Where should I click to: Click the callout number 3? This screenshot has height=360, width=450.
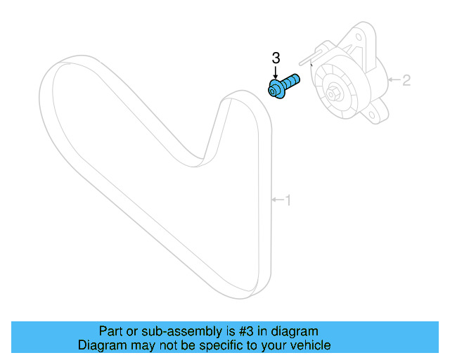click(x=276, y=57)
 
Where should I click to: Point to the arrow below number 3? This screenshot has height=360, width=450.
click(x=276, y=73)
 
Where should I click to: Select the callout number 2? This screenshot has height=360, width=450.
click(x=406, y=79)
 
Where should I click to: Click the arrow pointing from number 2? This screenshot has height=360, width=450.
click(x=394, y=79)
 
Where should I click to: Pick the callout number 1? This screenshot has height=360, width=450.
click(x=287, y=200)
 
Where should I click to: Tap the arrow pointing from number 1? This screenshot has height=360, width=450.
click(x=276, y=200)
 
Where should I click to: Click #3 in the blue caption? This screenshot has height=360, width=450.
click(x=243, y=331)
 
